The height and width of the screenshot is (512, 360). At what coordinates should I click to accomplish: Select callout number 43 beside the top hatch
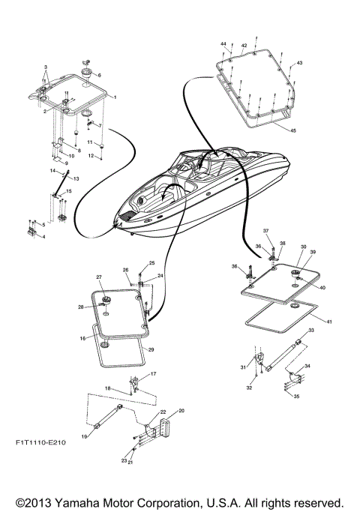coord(299,62)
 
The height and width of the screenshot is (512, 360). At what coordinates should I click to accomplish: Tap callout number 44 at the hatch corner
coord(223,46)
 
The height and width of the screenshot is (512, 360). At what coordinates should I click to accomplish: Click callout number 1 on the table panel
coord(114,98)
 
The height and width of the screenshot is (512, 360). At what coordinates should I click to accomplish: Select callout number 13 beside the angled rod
coord(76,178)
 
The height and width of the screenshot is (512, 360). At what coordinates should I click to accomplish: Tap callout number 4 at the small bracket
coord(43,237)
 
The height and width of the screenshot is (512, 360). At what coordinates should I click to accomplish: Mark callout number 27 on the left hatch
coord(98,277)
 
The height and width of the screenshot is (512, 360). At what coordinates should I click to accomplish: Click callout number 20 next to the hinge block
coord(181,412)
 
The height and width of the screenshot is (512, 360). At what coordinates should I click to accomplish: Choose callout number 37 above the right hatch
coord(265,231)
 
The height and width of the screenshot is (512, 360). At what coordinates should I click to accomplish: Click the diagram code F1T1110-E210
coord(40,443)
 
